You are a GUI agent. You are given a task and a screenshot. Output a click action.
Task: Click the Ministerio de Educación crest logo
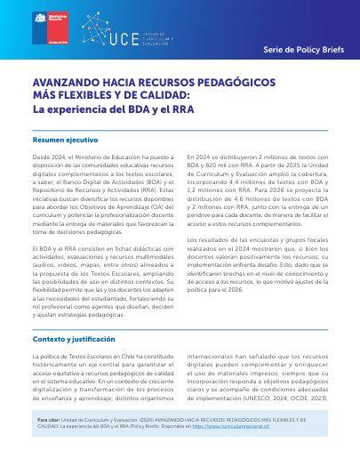39,20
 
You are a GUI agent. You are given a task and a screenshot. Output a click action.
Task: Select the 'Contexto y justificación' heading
69,315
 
